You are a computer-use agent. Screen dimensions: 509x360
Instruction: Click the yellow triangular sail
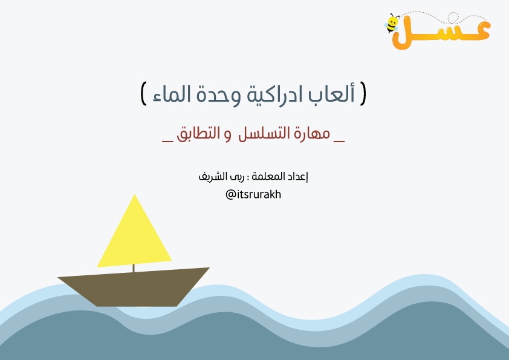(134, 237)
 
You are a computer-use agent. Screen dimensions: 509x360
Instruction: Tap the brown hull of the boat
(134, 287)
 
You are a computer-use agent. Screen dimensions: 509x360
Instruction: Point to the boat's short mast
(134, 269)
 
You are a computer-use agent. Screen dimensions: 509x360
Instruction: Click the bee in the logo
(392, 24)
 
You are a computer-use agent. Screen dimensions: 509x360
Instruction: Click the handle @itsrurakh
(253, 195)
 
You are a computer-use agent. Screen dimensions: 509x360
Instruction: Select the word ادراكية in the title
(275, 95)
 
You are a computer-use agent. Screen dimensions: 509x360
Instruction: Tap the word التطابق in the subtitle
(198, 134)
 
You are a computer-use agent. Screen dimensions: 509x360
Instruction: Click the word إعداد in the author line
(297, 177)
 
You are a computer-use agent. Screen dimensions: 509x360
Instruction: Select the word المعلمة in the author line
(268, 177)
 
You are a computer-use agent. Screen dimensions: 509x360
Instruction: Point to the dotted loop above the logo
(453, 18)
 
